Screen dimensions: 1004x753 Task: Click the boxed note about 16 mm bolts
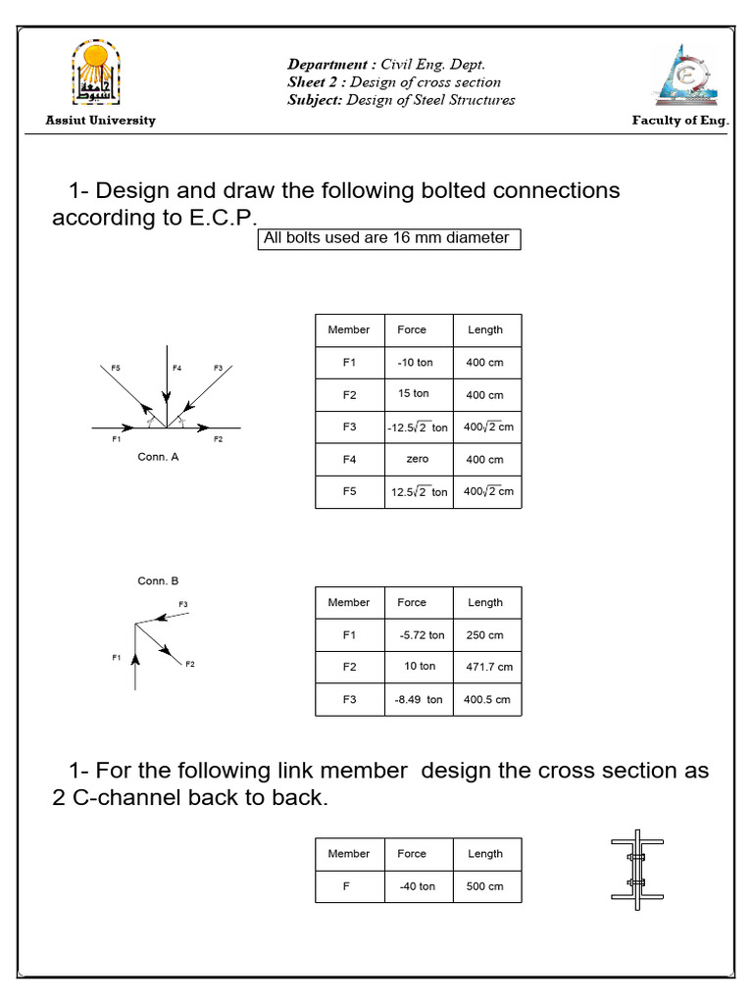[388, 238]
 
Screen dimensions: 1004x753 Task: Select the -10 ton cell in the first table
[415, 363]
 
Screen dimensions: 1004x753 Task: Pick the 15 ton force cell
[414, 394]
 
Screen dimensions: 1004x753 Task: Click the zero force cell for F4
[417, 459]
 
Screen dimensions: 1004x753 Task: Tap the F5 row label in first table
[349, 491]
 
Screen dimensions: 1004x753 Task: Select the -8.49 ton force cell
[419, 700]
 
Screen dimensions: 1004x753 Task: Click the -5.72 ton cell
[422, 635]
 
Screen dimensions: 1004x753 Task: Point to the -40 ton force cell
[417, 886]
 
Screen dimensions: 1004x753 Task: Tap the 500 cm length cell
[485, 886]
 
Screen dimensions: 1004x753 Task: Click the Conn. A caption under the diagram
[158, 456]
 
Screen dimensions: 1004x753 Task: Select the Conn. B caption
[158, 581]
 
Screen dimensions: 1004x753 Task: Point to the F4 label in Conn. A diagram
[177, 368]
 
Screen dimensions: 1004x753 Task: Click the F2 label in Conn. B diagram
[190, 665]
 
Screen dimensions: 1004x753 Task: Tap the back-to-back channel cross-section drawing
[637, 873]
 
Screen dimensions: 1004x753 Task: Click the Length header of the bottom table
[485, 854]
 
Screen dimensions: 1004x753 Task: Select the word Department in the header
[322, 65]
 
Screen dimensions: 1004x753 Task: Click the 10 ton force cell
[420, 667]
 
